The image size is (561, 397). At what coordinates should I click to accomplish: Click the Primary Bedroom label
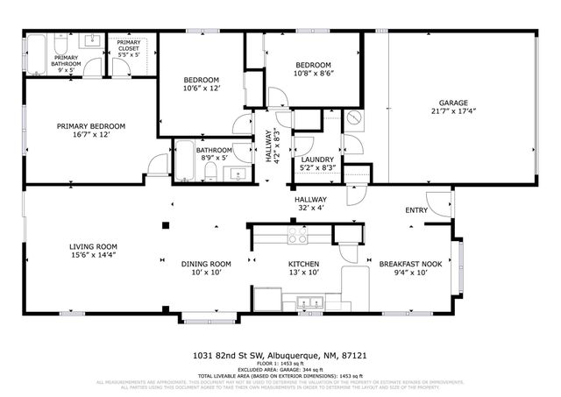(x=90, y=126)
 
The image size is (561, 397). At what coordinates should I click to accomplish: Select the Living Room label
(x=94, y=246)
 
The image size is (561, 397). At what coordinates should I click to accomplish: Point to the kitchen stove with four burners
(x=297, y=234)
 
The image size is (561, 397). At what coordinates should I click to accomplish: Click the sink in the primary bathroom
(x=91, y=40)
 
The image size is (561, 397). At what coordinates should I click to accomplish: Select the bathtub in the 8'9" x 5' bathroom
(x=187, y=164)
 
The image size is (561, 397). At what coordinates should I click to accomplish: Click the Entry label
(x=416, y=210)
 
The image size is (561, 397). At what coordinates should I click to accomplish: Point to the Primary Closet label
(x=128, y=50)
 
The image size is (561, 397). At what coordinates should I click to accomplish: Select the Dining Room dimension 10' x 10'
(x=206, y=273)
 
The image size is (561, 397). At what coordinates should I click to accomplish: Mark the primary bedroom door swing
(x=155, y=165)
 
